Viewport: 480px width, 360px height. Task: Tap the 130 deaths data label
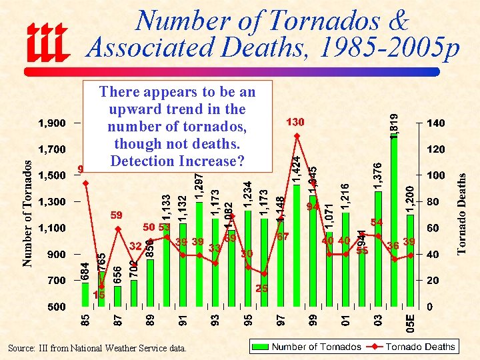pos(295,122)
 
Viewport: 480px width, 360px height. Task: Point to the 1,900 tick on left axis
pos(51,123)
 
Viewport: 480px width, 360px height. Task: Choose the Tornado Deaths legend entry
pos(421,347)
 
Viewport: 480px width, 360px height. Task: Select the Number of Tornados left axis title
pos(27,212)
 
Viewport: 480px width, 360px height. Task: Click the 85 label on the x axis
pos(85,321)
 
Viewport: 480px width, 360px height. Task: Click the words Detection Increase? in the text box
pos(177,161)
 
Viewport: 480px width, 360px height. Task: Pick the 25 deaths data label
pos(262,289)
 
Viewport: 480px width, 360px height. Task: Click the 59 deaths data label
pos(117,215)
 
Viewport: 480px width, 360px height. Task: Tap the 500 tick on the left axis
pos(56,307)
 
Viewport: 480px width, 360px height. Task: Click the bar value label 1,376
pos(378,176)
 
